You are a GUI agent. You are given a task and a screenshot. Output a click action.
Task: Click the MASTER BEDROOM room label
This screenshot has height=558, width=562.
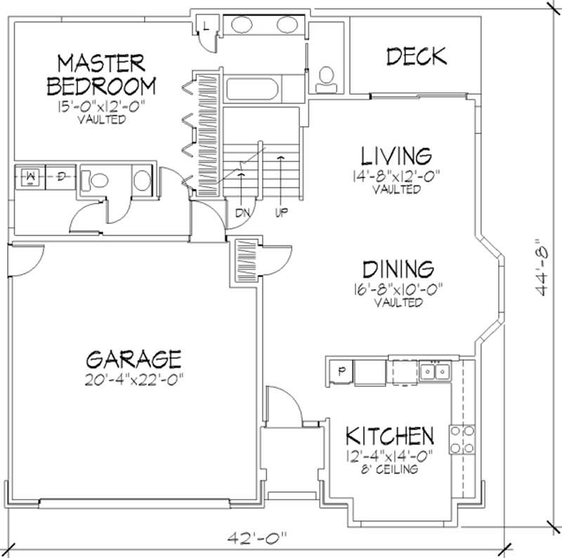[x=100, y=75]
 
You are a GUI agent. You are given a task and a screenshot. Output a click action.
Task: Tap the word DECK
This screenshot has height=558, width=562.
[x=417, y=56]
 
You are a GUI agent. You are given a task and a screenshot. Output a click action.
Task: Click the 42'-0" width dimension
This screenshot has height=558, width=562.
[x=259, y=539]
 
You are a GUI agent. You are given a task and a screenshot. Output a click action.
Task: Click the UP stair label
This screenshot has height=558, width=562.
[x=281, y=211]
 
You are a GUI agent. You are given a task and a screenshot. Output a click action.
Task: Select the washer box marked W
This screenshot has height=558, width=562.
[x=31, y=177]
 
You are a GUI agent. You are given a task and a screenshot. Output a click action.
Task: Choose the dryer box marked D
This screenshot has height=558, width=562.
[x=62, y=177]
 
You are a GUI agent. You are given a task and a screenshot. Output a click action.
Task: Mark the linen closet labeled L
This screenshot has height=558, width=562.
[x=205, y=26]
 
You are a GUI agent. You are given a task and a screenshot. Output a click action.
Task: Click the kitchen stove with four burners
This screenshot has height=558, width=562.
[x=463, y=439]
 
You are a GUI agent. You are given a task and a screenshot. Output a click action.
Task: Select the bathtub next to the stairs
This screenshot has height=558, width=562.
[x=253, y=91]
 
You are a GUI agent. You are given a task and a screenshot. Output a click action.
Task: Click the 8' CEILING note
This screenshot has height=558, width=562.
[x=389, y=469]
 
